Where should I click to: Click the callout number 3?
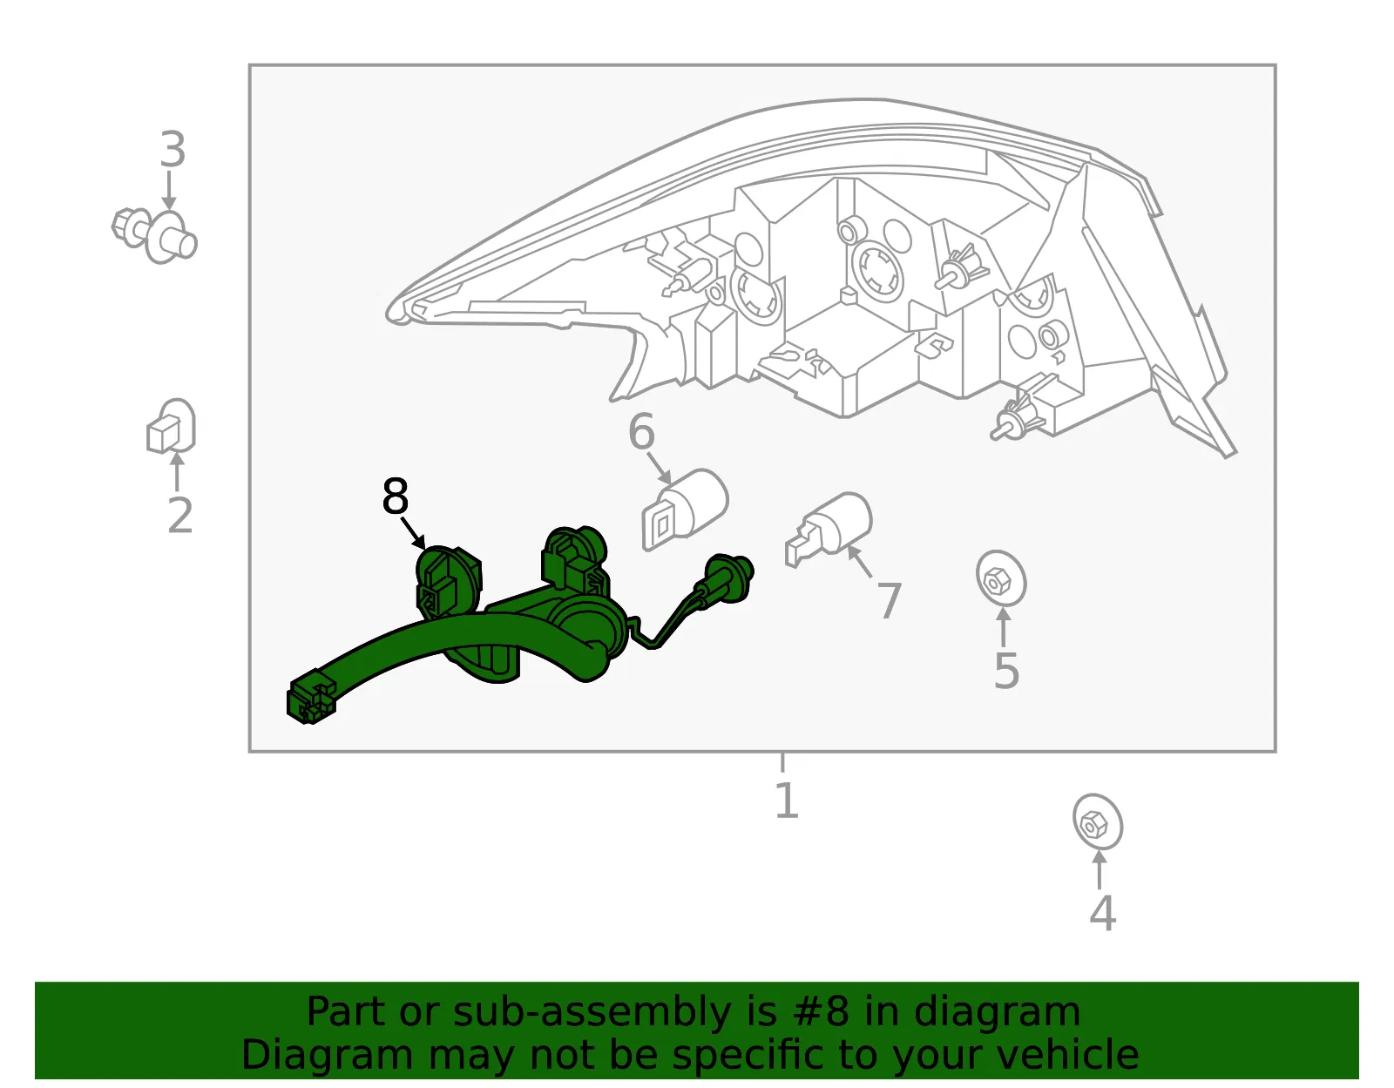tap(173, 149)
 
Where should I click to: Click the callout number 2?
tap(180, 515)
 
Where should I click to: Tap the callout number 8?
tap(396, 496)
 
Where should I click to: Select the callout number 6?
tap(641, 431)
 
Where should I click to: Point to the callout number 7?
tap(890, 601)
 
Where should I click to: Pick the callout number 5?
tap(1006, 671)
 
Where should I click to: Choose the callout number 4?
tap(1103, 912)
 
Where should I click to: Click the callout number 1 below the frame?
tap(787, 800)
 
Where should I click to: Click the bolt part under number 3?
tap(154, 235)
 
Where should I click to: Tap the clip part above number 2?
tap(171, 426)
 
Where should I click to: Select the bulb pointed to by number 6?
tap(685, 510)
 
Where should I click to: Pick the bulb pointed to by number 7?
tap(829, 529)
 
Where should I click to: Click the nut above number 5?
tap(1001, 578)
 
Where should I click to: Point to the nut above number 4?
tap(1098, 822)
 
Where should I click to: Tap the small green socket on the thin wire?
tap(728, 578)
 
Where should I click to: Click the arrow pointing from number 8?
tap(413, 533)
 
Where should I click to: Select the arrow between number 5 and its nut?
tap(1004, 627)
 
